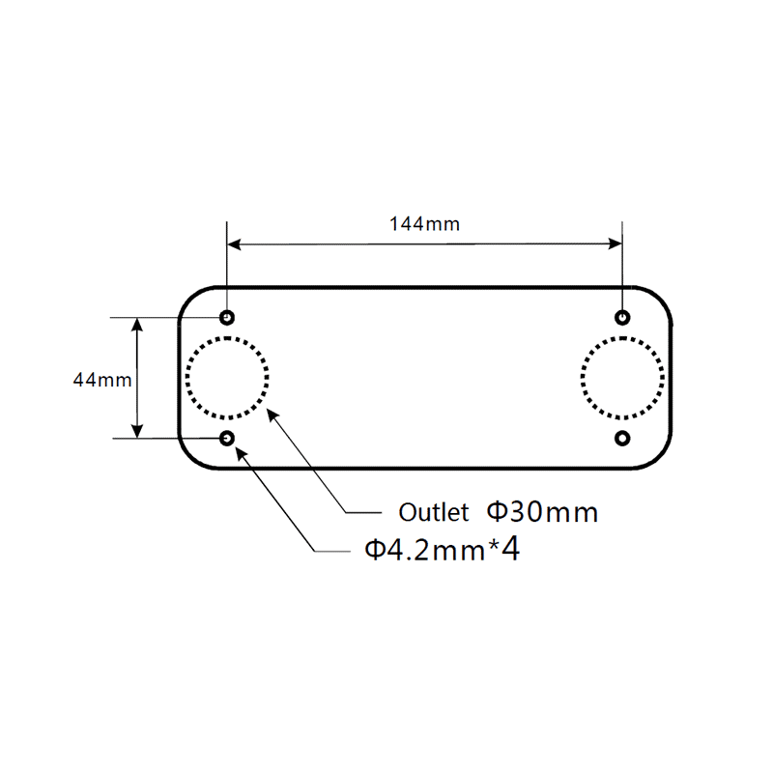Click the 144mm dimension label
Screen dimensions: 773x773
pos(424,224)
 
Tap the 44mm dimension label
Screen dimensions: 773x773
pos(101,380)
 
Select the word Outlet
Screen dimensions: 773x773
pos(434,511)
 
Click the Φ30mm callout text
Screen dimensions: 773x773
pos(541,510)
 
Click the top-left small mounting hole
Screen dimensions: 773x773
pos(227,317)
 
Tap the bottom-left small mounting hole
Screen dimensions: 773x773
pos(227,438)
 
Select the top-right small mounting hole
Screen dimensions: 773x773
pos(623,317)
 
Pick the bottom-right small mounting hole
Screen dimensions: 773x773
pos(623,438)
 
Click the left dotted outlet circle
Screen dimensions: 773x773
pos(227,378)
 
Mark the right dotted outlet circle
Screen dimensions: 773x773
pos(623,378)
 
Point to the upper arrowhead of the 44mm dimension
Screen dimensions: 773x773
pos(139,325)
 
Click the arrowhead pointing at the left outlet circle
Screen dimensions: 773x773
pos(272,414)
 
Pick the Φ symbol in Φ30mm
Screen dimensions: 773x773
pos(496,510)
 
